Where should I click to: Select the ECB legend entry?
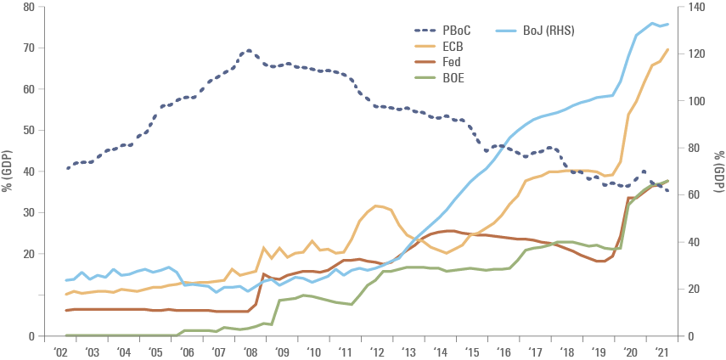click(451, 47)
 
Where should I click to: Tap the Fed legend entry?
click(451, 62)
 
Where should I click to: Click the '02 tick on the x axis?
click(60, 350)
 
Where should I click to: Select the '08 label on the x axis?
click(251, 350)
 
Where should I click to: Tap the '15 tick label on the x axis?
click(474, 350)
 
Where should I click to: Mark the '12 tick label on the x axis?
click(379, 350)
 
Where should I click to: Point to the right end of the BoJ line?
click(668, 24)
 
